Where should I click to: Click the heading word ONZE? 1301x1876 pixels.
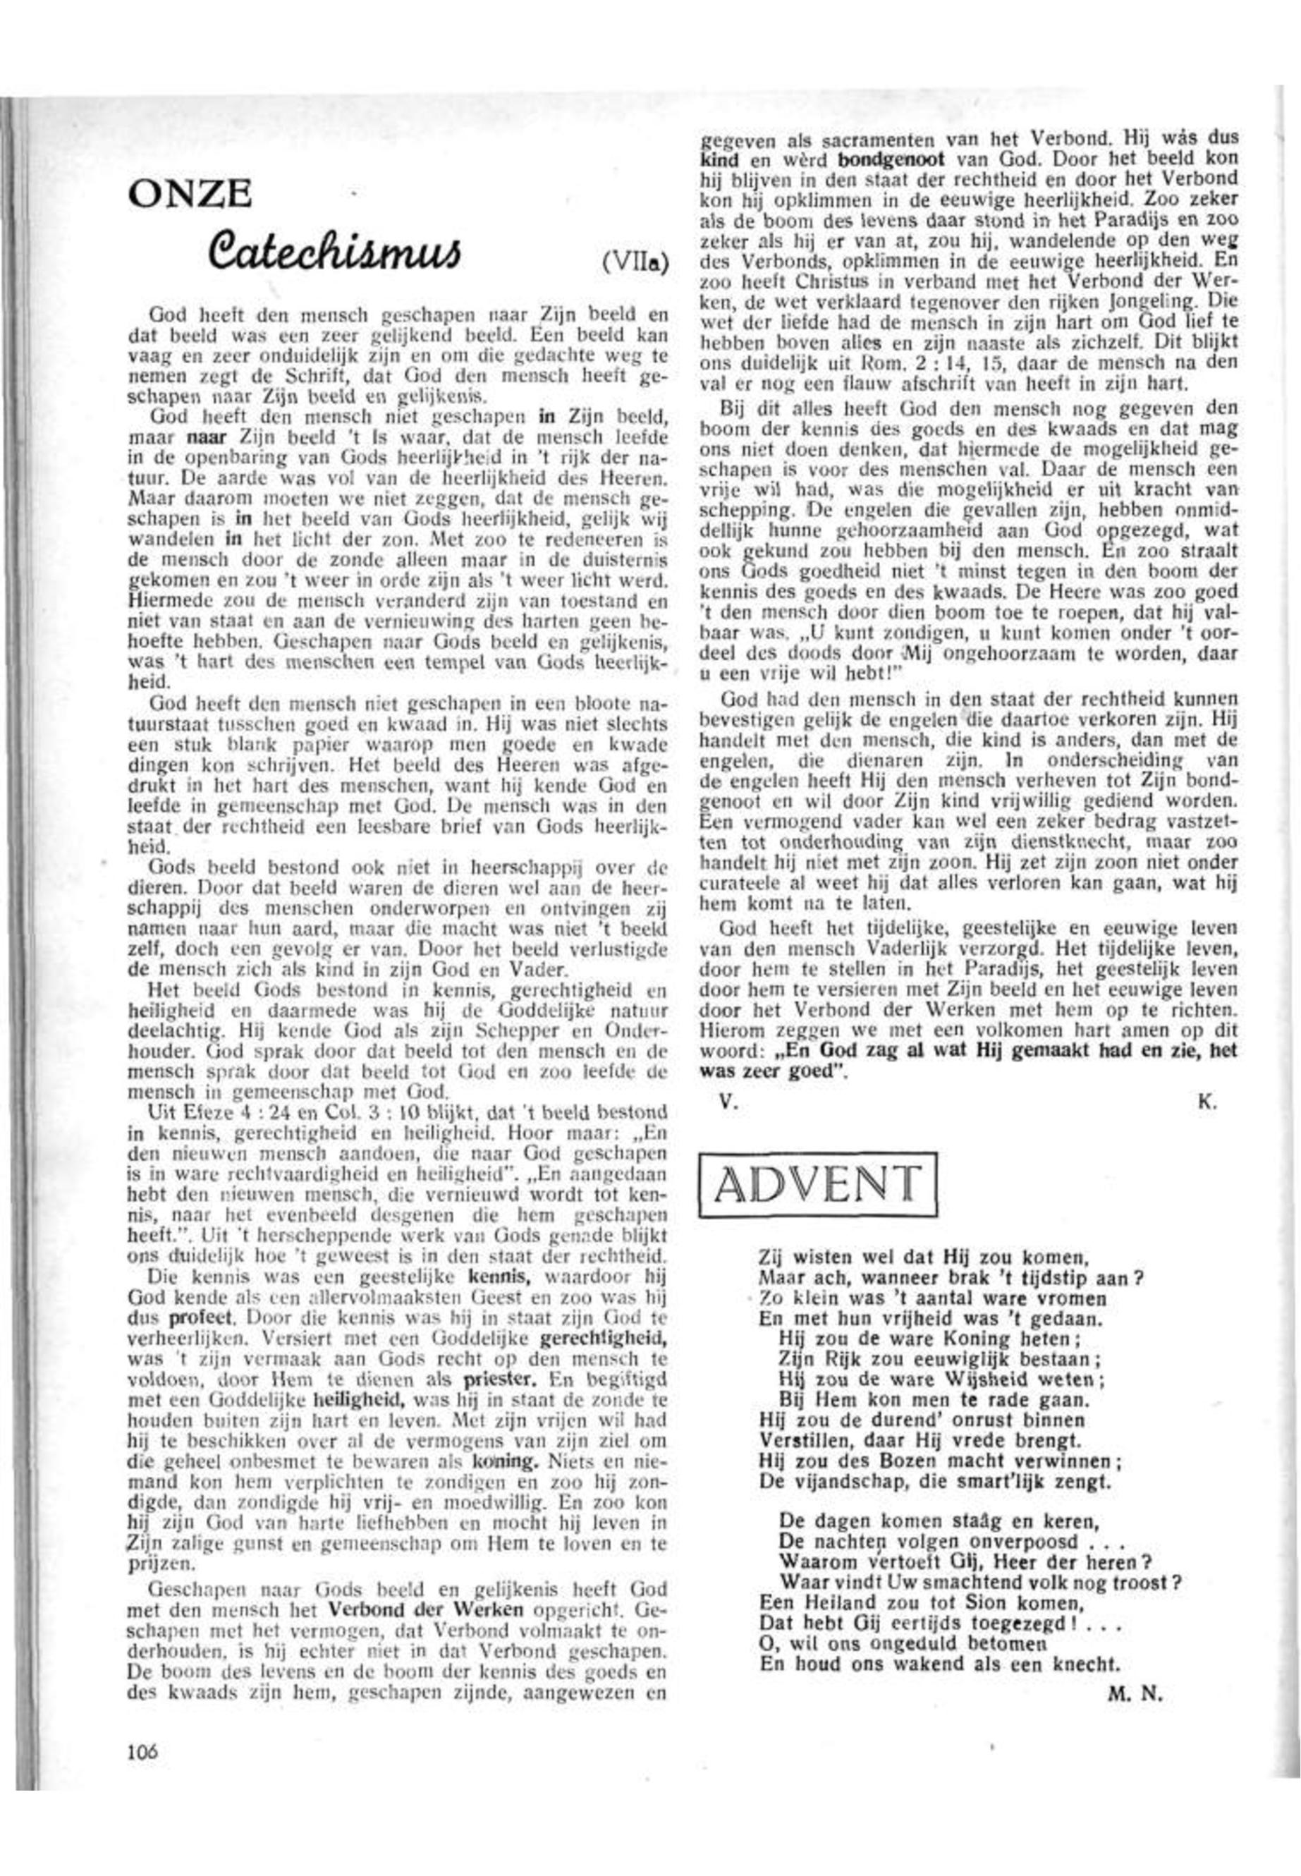pyautogui.click(x=189, y=194)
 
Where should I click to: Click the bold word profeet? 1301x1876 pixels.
pyautogui.click(x=204, y=1317)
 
